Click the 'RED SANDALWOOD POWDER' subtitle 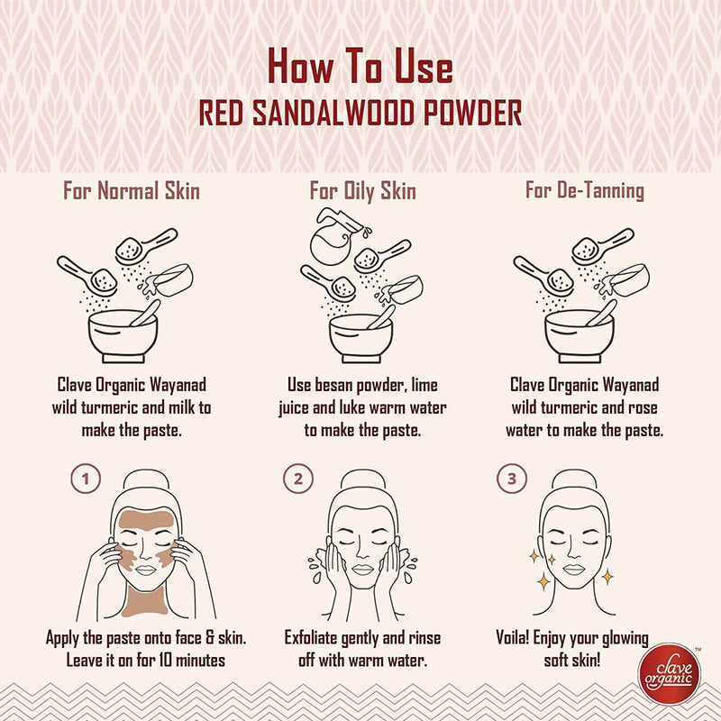pyautogui.click(x=360, y=114)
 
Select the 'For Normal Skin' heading pyautogui.click(x=131, y=191)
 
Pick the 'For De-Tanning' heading pyautogui.click(x=584, y=191)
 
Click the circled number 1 pyautogui.click(x=86, y=479)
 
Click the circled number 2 pyautogui.click(x=297, y=479)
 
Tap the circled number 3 pyautogui.click(x=512, y=479)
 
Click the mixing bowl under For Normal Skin pyautogui.click(x=124, y=333)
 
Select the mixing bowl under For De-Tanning pyautogui.click(x=580, y=333)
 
